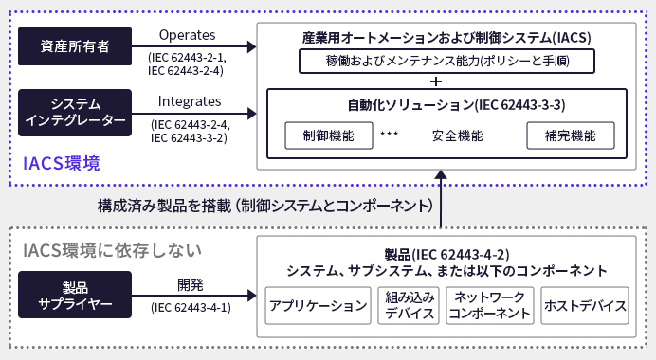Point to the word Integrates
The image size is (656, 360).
[x=190, y=100]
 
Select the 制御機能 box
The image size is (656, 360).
[x=320, y=135]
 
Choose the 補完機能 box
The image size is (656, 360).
[x=564, y=135]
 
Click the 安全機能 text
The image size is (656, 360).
[x=457, y=135]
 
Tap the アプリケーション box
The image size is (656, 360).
[x=318, y=306]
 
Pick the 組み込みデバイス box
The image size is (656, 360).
[x=410, y=306]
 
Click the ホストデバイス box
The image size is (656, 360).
[x=584, y=306]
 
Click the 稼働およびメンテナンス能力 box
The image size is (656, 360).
[x=446, y=63]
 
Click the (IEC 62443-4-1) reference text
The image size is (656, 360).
[x=190, y=307]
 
